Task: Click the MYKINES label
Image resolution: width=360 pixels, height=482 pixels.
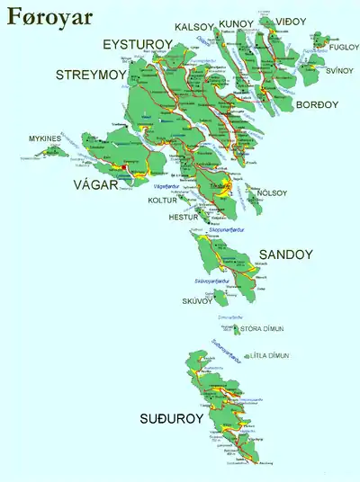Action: click(x=44, y=138)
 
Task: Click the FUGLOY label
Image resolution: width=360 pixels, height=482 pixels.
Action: click(x=343, y=47)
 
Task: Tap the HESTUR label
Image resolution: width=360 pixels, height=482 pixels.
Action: click(x=183, y=218)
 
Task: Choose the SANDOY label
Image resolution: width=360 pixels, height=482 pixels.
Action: click(x=285, y=255)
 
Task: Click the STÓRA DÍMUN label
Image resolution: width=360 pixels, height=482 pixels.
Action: click(x=267, y=329)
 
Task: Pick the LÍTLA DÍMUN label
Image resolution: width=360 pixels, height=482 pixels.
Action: click(x=271, y=356)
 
